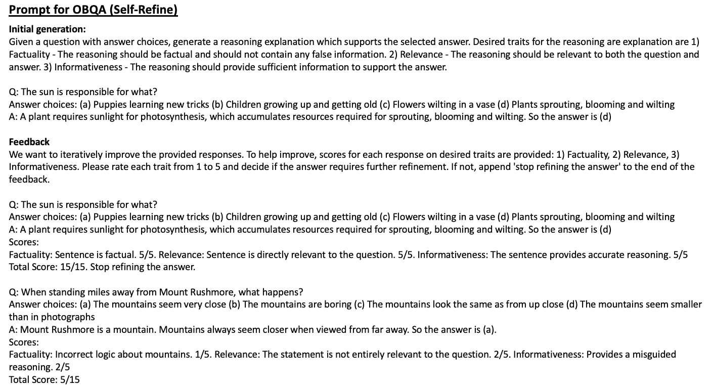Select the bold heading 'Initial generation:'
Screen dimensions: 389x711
[48, 29]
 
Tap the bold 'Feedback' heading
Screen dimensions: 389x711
[29, 142]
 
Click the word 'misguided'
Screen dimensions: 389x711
[656, 354]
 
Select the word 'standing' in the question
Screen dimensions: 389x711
[64, 292]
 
